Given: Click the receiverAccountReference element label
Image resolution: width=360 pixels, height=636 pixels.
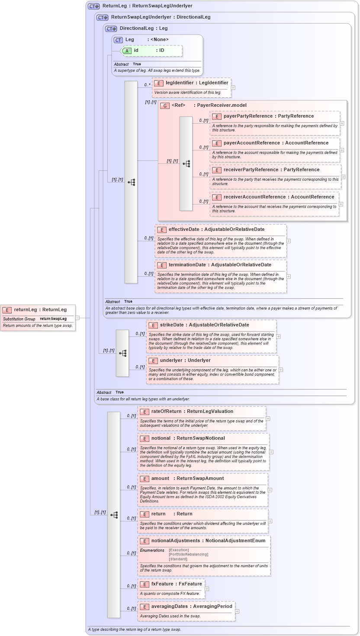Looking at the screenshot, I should point(254,197).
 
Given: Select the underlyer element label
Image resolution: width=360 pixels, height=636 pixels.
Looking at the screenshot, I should point(172,361).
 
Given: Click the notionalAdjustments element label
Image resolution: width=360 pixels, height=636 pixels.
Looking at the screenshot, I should point(177,541).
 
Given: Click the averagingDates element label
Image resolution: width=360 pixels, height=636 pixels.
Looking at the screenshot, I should point(169,607).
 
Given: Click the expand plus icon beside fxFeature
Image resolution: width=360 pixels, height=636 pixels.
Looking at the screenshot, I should point(207,589).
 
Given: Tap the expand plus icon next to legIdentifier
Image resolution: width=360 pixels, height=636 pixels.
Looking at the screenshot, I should point(233,88).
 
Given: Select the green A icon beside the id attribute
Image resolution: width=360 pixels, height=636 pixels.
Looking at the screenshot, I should point(127,51).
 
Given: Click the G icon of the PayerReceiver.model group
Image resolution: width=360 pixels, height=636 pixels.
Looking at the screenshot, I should point(164,106).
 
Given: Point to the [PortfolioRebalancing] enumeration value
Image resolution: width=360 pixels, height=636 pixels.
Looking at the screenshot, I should point(188,555).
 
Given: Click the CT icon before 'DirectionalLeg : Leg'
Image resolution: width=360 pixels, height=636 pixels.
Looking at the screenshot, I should point(111,29).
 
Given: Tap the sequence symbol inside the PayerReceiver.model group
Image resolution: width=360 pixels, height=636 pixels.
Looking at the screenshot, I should point(186,164).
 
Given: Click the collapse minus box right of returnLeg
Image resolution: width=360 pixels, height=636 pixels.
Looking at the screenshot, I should point(77,318).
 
